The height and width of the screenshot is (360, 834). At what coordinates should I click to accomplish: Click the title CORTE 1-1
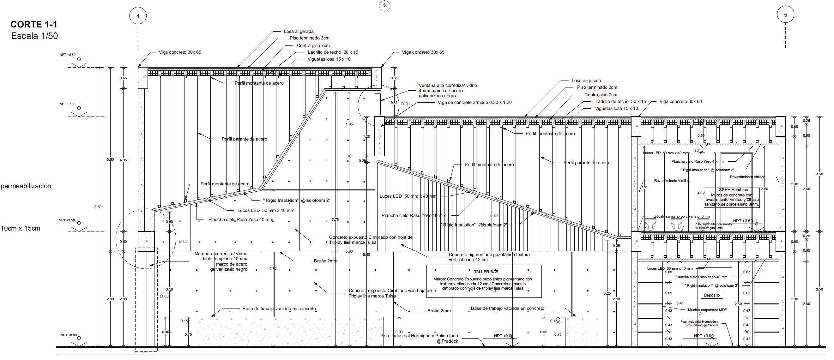(34, 25)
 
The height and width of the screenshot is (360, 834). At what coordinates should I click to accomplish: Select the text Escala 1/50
(34, 36)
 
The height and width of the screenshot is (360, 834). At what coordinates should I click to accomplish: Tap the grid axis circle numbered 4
(138, 16)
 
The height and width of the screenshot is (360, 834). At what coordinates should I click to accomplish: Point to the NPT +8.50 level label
(67, 55)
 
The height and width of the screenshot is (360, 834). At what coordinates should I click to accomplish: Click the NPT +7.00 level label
(67, 104)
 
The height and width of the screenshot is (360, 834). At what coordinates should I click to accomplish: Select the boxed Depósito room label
(712, 295)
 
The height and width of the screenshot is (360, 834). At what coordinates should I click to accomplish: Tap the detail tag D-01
(405, 104)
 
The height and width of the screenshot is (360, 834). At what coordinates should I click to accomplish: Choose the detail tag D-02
(183, 242)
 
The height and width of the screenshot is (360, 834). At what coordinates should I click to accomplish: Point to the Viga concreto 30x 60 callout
(680, 101)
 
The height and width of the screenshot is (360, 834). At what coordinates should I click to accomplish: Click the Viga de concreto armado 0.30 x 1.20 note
(474, 103)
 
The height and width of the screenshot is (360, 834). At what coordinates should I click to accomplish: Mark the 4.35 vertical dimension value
(123, 160)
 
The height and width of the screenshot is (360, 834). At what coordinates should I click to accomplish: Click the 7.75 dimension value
(335, 220)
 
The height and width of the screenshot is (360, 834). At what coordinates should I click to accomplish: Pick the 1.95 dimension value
(349, 124)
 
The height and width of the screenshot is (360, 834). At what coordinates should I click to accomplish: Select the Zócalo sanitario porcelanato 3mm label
(681, 216)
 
